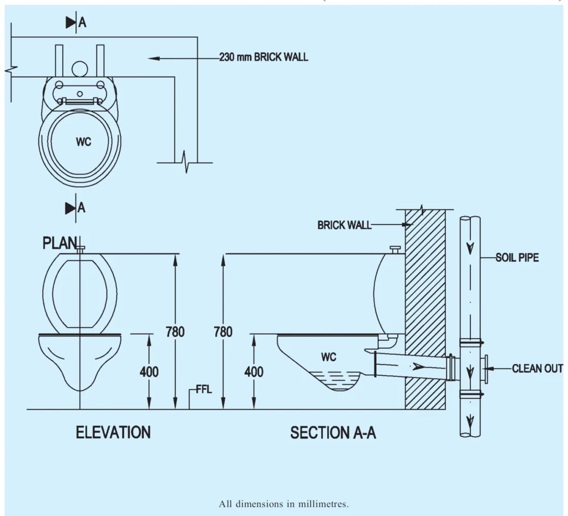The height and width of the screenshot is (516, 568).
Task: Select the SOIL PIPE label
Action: (517, 258)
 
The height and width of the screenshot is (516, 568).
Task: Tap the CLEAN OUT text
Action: (537, 369)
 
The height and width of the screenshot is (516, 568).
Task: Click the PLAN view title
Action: (59, 243)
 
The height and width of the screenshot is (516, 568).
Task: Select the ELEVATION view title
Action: (113, 432)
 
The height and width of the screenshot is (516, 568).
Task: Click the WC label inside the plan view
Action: (84, 142)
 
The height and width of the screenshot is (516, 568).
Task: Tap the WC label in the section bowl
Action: (329, 357)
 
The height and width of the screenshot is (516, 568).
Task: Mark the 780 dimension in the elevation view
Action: (176, 332)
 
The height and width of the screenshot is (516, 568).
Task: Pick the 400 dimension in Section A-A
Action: (254, 372)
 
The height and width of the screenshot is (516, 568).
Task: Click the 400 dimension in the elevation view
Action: (149, 372)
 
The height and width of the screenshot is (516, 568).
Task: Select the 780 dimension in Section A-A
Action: (223, 332)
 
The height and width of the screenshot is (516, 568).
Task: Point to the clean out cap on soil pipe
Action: (486, 367)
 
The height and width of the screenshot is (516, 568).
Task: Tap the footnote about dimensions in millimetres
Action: (284, 504)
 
